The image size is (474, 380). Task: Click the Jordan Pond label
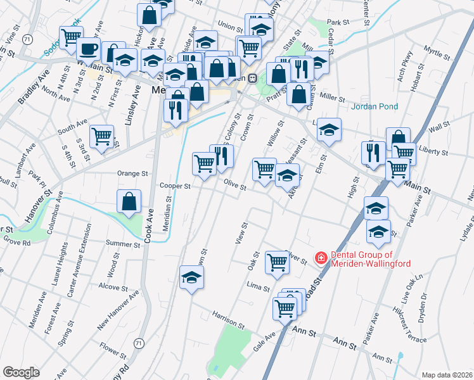[x=375, y=106]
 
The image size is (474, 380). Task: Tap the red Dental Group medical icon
[x=321, y=258]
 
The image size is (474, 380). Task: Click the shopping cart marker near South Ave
[x=101, y=136]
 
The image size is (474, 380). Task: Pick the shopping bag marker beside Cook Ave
[x=129, y=201]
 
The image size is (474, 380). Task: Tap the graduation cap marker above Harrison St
[x=191, y=277]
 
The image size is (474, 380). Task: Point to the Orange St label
[x=132, y=173]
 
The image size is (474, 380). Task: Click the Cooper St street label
[x=175, y=186]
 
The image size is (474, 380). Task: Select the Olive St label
[x=235, y=184]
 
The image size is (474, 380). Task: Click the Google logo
[x=21, y=372]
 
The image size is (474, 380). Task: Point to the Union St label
[x=231, y=27]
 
